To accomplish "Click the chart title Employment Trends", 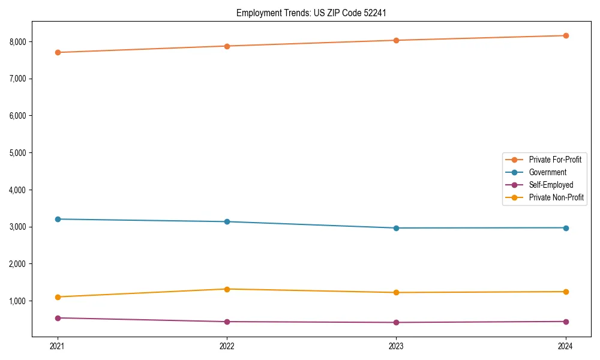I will point(315,13).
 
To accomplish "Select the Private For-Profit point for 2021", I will point(58,52).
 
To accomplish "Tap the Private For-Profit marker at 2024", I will point(566,35).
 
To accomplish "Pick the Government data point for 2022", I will point(227,221).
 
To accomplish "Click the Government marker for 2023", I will point(396,228).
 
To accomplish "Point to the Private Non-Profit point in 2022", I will point(227,289).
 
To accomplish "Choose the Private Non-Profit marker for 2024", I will point(566,292).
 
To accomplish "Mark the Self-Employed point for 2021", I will point(58,318).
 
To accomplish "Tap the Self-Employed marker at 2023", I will point(396,322).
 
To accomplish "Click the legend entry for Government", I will point(547,172).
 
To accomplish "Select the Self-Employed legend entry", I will point(551,185).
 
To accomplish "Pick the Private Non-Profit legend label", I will point(556,197).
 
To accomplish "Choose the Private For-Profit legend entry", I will point(554,160).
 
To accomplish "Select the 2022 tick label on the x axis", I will point(227,346).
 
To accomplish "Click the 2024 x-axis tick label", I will point(566,346).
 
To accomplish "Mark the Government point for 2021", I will point(58,219).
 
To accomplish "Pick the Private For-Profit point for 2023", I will point(396,40).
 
